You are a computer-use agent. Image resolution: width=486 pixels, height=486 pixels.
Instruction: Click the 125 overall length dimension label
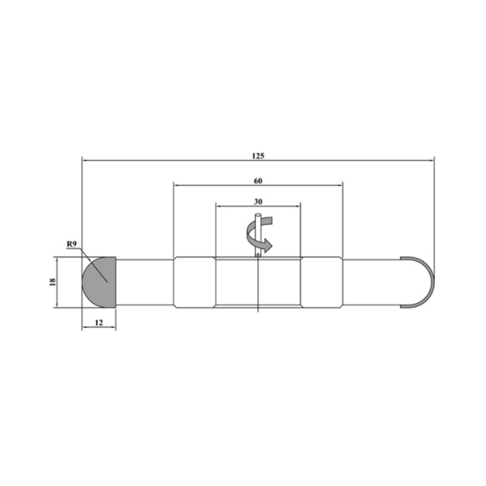coord(258,156)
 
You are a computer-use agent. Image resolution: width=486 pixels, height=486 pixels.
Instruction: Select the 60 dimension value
coord(258,181)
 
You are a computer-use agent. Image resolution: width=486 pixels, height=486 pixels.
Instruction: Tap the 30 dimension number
coord(258,202)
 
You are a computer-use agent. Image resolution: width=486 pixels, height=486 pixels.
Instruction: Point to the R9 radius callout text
coord(71,244)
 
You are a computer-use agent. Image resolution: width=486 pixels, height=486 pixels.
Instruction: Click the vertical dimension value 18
coord(52,282)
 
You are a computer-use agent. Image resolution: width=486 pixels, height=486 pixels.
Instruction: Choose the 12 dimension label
coord(99,323)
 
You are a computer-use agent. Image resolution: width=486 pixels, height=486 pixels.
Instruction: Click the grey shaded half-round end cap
coord(99,282)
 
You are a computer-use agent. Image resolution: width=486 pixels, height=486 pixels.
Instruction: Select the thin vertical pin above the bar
coord(258,235)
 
